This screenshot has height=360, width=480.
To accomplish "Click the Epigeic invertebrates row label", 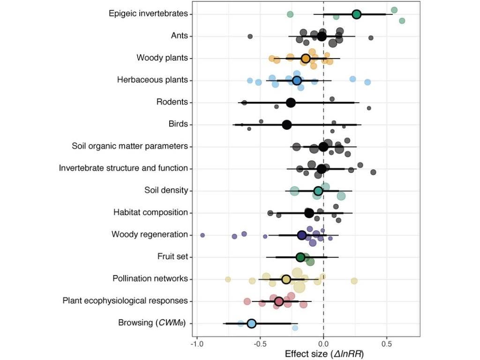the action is point(148,14).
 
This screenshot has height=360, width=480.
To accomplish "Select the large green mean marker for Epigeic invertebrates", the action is point(356,15).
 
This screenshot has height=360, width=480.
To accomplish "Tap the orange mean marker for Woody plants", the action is point(306,59).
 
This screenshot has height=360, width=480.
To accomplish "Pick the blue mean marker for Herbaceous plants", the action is point(297,81).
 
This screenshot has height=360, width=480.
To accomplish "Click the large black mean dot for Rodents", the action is point(291,103).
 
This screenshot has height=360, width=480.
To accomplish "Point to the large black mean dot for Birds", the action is point(287,125).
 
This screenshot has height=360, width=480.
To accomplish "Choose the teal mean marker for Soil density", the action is point(318,191).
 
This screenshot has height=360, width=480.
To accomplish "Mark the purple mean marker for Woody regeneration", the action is point(302,235).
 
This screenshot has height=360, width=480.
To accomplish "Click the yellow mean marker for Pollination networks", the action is point(286,279).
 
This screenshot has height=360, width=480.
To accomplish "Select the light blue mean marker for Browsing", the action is point(251,323).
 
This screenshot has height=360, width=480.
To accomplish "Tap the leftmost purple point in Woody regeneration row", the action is point(202,235).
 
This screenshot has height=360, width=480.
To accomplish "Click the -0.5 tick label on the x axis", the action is point(260,344).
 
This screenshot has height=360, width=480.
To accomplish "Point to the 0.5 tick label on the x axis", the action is point(387,344).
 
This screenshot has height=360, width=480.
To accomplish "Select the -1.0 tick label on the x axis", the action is point(197,344).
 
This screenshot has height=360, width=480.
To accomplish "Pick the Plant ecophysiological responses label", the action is point(125,300).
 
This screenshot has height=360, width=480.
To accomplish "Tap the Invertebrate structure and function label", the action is point(123,168).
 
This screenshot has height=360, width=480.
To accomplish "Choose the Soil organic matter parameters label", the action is point(130,146).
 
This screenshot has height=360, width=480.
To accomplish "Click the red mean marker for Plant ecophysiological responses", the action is point(278,301).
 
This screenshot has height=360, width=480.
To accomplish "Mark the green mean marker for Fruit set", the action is point(300,257).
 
